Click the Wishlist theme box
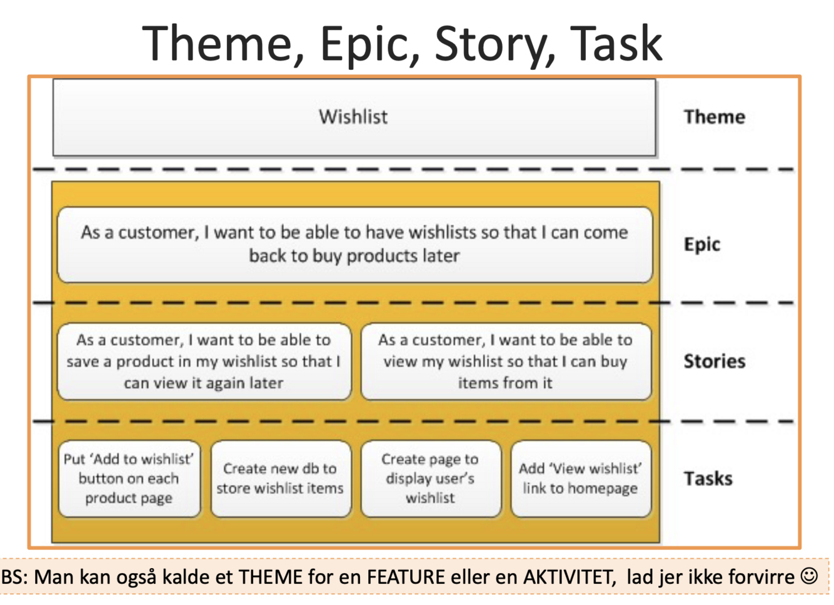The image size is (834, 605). click(x=354, y=117)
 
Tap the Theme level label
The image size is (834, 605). click(x=714, y=117)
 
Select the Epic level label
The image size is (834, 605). click(x=701, y=244)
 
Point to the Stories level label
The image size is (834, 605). click(x=714, y=361)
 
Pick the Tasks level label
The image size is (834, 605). click(x=708, y=478)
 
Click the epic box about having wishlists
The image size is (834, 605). click(x=354, y=244)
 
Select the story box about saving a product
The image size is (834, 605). click(x=204, y=361)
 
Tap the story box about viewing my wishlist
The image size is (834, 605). click(x=505, y=361)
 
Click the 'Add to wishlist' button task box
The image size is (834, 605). click(x=129, y=478)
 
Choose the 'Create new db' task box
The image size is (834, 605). click(x=280, y=478)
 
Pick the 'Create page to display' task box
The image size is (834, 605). click(x=430, y=478)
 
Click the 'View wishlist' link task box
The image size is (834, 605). click(x=580, y=478)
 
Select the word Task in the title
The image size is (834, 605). click(x=616, y=44)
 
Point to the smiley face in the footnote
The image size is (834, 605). click(x=809, y=576)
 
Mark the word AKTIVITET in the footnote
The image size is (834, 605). click(x=568, y=576)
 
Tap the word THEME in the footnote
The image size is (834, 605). click(x=270, y=576)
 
